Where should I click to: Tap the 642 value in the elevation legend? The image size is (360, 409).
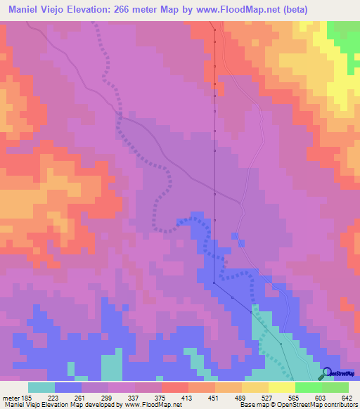tap(345, 397)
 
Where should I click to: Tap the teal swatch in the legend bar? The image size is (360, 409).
tap(41, 387)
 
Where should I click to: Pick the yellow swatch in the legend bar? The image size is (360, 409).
tap(282, 387)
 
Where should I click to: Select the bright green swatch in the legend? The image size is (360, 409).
tap(309, 387)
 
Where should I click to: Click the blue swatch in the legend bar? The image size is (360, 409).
tap(68, 387)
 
